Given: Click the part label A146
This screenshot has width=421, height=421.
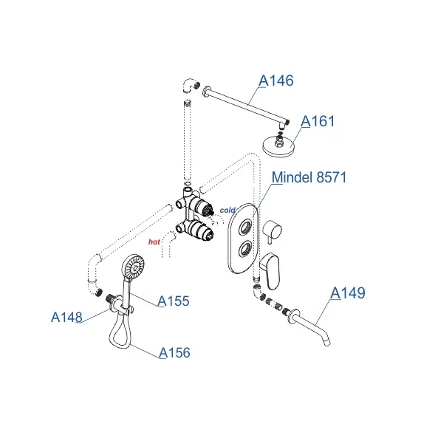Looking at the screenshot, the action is (276, 81).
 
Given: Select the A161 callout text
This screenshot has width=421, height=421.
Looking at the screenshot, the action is (318, 121).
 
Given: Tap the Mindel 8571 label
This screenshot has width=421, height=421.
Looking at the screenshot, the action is (309, 177).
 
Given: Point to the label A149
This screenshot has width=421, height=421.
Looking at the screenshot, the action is (348, 292).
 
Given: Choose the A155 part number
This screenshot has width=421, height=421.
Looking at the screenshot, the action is (174, 301).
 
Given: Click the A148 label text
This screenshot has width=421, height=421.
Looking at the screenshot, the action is (66, 317).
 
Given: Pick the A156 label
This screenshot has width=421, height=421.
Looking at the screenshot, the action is (174, 352).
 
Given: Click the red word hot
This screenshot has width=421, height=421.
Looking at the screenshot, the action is (154, 242).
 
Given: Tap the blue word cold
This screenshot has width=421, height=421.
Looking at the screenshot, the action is (227, 210).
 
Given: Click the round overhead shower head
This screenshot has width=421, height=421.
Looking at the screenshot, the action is (278, 146).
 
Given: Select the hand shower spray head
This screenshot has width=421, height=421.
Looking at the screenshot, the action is (133, 267).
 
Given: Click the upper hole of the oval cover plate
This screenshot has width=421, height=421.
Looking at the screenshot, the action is (246, 227).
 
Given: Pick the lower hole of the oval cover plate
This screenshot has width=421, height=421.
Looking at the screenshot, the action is (245, 248).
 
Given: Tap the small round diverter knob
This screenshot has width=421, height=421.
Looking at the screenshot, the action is (273, 230).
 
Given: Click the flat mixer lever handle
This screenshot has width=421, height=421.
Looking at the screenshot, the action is (270, 270).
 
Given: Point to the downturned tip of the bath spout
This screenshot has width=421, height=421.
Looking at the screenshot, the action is (327, 343).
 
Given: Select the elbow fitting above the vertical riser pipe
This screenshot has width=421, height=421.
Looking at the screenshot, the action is (189, 86).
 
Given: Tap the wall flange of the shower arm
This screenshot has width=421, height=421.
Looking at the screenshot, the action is (207, 91).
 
